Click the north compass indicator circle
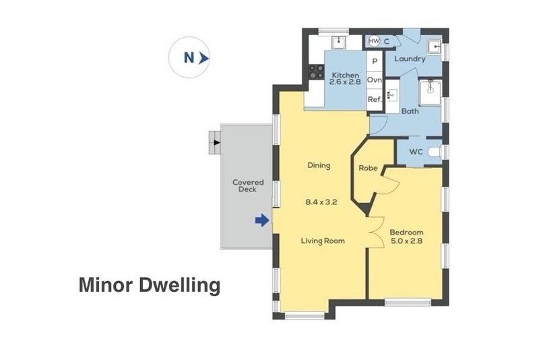click(191, 58)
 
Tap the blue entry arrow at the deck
click(262, 220)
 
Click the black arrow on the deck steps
click(216, 142)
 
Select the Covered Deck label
click(248, 185)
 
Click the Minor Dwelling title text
click(150, 285)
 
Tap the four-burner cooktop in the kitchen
click(315, 70)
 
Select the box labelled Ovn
click(375, 80)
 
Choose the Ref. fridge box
click(375, 99)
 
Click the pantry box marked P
click(375, 61)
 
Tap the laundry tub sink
click(434, 48)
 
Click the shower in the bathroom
click(430, 93)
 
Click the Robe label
click(367, 168)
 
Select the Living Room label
click(322, 240)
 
